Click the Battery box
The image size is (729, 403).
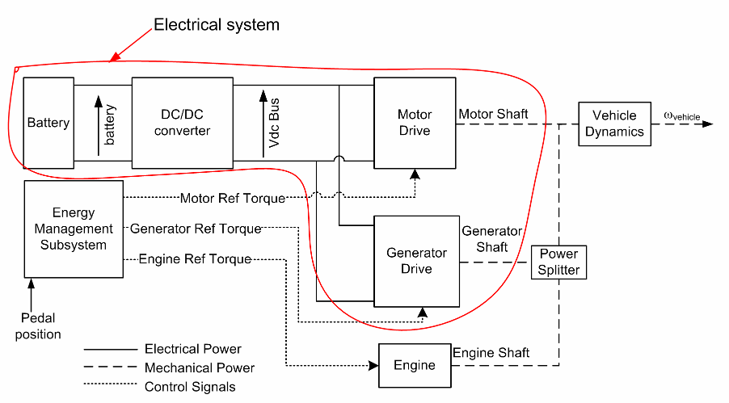tap(48, 123)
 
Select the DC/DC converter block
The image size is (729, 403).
tap(182, 123)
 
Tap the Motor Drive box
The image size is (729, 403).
tap(415, 123)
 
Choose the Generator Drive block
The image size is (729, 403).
tap(416, 261)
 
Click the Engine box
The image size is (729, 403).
tap(414, 365)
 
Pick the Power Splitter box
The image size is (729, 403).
tap(558, 262)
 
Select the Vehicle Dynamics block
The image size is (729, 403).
tap(615, 124)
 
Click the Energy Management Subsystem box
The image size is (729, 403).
tap(74, 229)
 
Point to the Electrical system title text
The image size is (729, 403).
tap(217, 25)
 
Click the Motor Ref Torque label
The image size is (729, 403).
tap(233, 198)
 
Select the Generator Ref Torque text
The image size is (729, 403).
tap(196, 229)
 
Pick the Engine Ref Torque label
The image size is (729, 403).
tap(195, 259)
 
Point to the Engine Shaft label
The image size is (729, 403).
tap(491, 352)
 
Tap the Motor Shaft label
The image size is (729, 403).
tap(493, 114)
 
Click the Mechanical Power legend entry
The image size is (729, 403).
tap(199, 368)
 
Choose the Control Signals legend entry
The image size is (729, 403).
tap(190, 387)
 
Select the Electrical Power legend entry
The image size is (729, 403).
tap(192, 349)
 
